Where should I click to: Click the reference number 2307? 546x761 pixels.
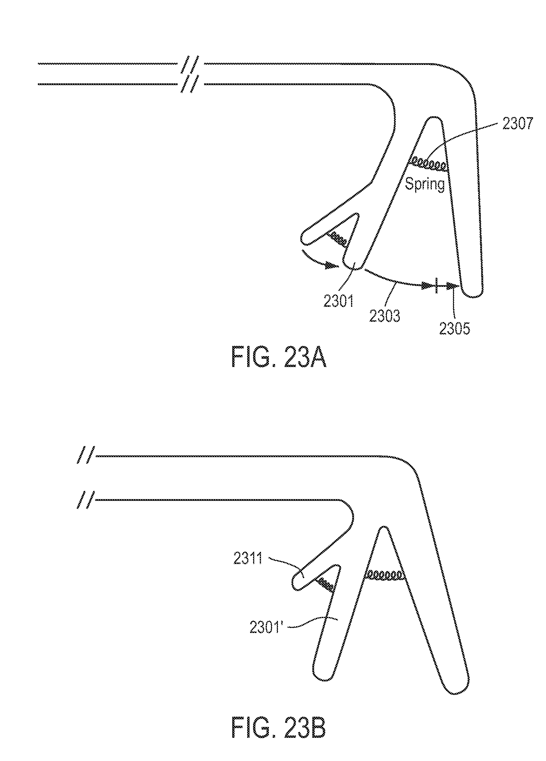click(517, 124)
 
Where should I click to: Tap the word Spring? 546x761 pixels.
click(425, 184)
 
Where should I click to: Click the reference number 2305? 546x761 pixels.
click(455, 329)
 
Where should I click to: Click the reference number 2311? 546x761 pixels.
click(248, 560)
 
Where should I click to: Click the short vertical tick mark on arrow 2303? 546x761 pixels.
click(436, 286)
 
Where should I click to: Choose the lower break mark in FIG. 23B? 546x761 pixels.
click(86, 500)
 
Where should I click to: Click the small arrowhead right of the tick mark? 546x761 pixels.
click(452, 286)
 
